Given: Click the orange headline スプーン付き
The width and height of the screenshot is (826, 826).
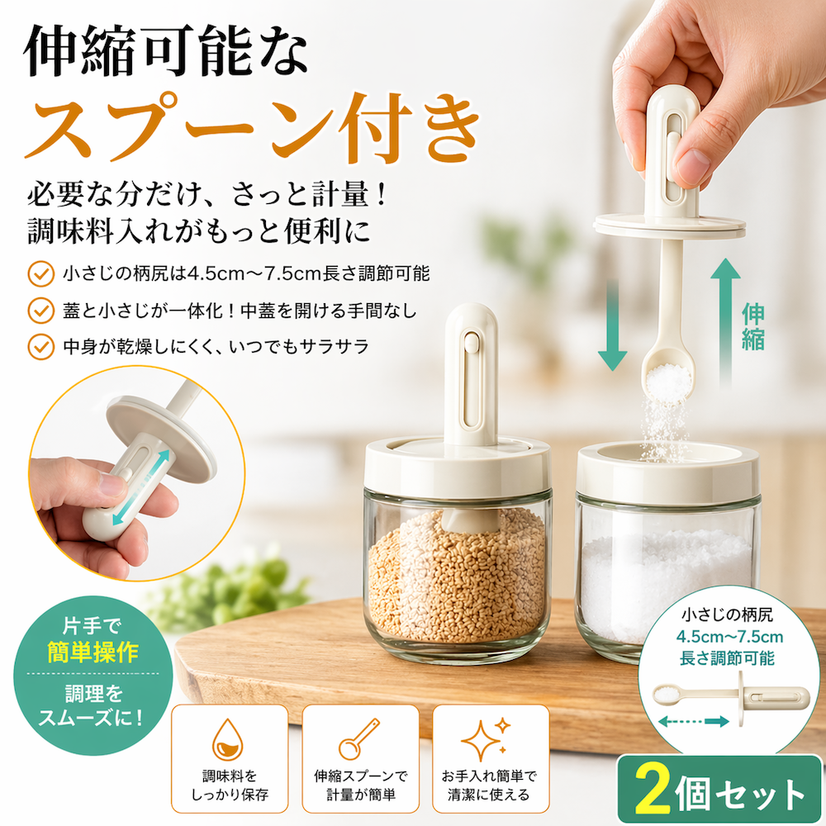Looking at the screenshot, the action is point(252,126).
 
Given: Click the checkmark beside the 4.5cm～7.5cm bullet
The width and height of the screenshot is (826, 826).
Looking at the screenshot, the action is point(41,274).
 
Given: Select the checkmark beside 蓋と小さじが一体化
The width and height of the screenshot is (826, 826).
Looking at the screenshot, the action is point(41,311).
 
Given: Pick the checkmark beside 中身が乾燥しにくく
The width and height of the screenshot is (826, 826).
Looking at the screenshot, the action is point(41,347).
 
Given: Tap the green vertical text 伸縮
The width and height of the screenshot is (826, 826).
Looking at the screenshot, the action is point(753,326).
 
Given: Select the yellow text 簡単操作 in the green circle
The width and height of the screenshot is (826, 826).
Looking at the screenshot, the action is point(93,653).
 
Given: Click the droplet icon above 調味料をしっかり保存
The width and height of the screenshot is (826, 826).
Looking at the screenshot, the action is point(228,739).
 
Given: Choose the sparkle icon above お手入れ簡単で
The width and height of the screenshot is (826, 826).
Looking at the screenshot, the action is point(486,738).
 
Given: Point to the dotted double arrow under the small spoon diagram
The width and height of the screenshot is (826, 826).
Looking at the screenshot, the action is point(693,721).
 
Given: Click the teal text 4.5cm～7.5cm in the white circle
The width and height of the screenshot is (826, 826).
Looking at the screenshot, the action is point(729,637).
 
